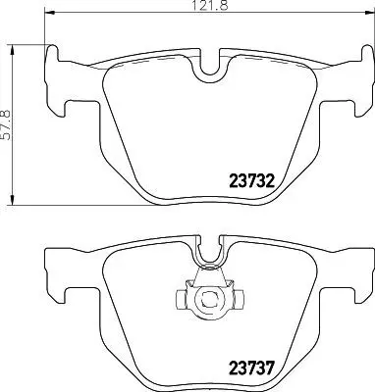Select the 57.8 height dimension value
[x=9, y=124]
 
